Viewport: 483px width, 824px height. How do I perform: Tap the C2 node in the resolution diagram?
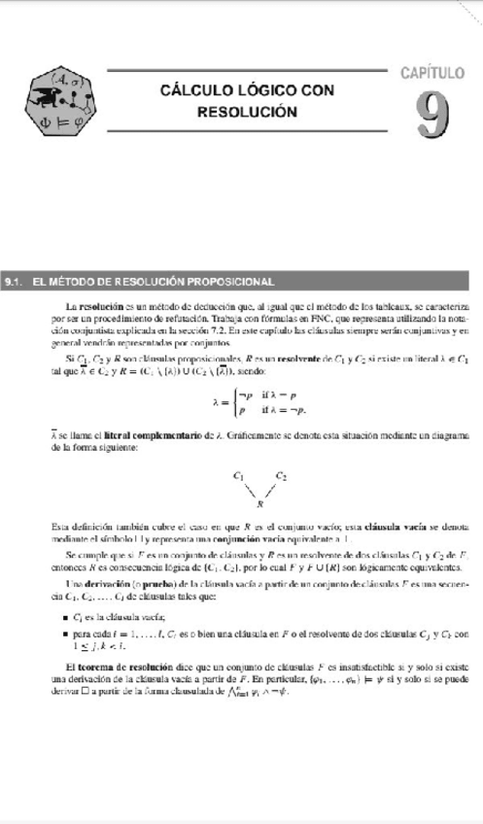281,477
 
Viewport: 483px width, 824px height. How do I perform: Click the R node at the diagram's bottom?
260,505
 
